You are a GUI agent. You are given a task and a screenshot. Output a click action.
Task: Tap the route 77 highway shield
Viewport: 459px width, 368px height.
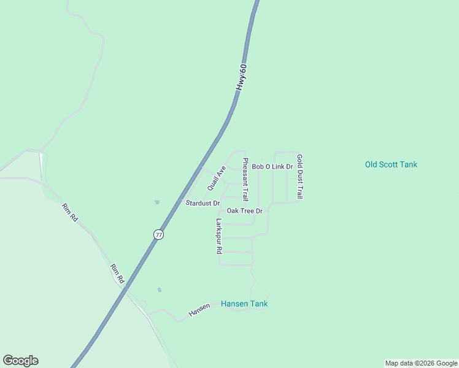[x=159, y=235]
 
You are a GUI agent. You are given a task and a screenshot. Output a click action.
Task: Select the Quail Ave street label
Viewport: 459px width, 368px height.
[x=217, y=177]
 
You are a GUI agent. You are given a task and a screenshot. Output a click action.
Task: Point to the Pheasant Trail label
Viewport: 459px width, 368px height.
[x=245, y=180]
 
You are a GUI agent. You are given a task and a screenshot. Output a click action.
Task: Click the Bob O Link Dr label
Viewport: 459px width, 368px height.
[x=272, y=167]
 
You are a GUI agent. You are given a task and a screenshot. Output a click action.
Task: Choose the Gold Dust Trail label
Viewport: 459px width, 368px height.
[x=300, y=177]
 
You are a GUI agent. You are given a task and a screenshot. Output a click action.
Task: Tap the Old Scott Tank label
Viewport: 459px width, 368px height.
[x=391, y=164]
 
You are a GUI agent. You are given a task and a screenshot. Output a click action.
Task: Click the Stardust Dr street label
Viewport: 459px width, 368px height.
[x=202, y=203]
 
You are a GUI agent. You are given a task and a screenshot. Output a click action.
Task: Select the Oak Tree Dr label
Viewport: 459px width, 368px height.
[x=244, y=211]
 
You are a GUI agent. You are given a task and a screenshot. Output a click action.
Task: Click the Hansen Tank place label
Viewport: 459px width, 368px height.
[x=244, y=304]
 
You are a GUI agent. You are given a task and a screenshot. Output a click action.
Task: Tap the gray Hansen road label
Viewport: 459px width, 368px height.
[x=199, y=310]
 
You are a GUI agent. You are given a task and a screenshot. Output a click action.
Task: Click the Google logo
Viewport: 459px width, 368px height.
[x=20, y=361]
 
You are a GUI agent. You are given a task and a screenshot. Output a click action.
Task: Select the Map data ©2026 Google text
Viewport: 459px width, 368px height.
[x=421, y=363]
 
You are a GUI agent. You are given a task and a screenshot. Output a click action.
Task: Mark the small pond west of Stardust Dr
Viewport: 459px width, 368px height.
[x=157, y=202]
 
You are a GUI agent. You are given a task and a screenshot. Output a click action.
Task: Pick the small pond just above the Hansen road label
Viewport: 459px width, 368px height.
[x=160, y=290]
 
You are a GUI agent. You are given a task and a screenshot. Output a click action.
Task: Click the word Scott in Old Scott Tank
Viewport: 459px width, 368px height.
[x=391, y=164]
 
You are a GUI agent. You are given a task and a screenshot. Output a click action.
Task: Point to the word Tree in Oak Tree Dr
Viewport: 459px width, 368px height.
[x=247, y=211]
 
